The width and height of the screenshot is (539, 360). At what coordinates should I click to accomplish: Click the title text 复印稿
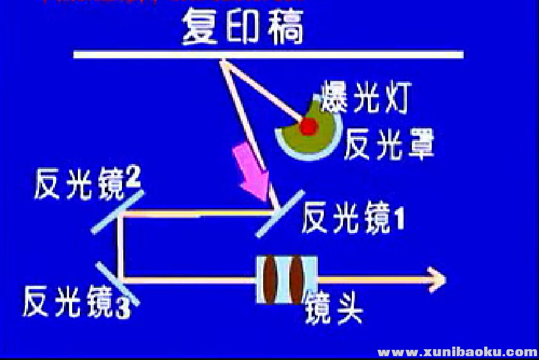tap(242, 27)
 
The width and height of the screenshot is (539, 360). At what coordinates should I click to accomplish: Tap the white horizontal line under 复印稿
tap(268, 55)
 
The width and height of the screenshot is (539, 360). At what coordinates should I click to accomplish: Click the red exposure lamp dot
tap(308, 126)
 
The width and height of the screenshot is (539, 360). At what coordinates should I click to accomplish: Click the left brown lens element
tap(272, 279)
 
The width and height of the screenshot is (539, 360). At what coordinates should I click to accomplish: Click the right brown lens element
tap(297, 279)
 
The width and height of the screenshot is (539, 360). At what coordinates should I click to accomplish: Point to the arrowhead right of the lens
tap(437, 279)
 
